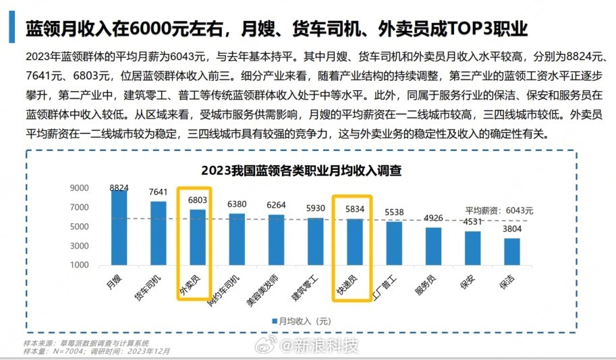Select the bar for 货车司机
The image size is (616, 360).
pyautogui.click(x=158, y=233)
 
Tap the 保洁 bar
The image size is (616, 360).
pyautogui.click(x=512, y=251)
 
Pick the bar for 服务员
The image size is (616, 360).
pyautogui.click(x=433, y=246)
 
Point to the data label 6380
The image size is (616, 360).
pyautogui.click(x=237, y=203)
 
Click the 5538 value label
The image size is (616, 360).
pyautogui.click(x=394, y=212)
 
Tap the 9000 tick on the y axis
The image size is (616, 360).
pyautogui.click(x=79, y=189)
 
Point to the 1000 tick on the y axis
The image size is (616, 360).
pyautogui.click(x=79, y=265)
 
